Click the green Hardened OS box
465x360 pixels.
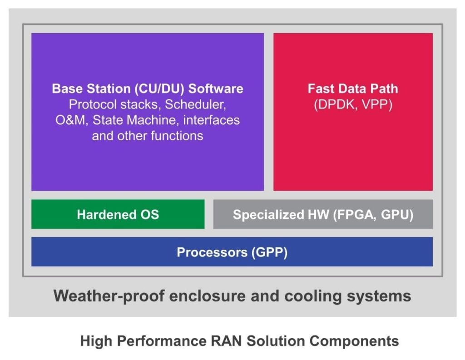118,214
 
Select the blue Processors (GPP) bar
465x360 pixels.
232,252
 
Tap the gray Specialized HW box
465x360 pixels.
323,214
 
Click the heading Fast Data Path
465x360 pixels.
352,89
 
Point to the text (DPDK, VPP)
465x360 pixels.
352,104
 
